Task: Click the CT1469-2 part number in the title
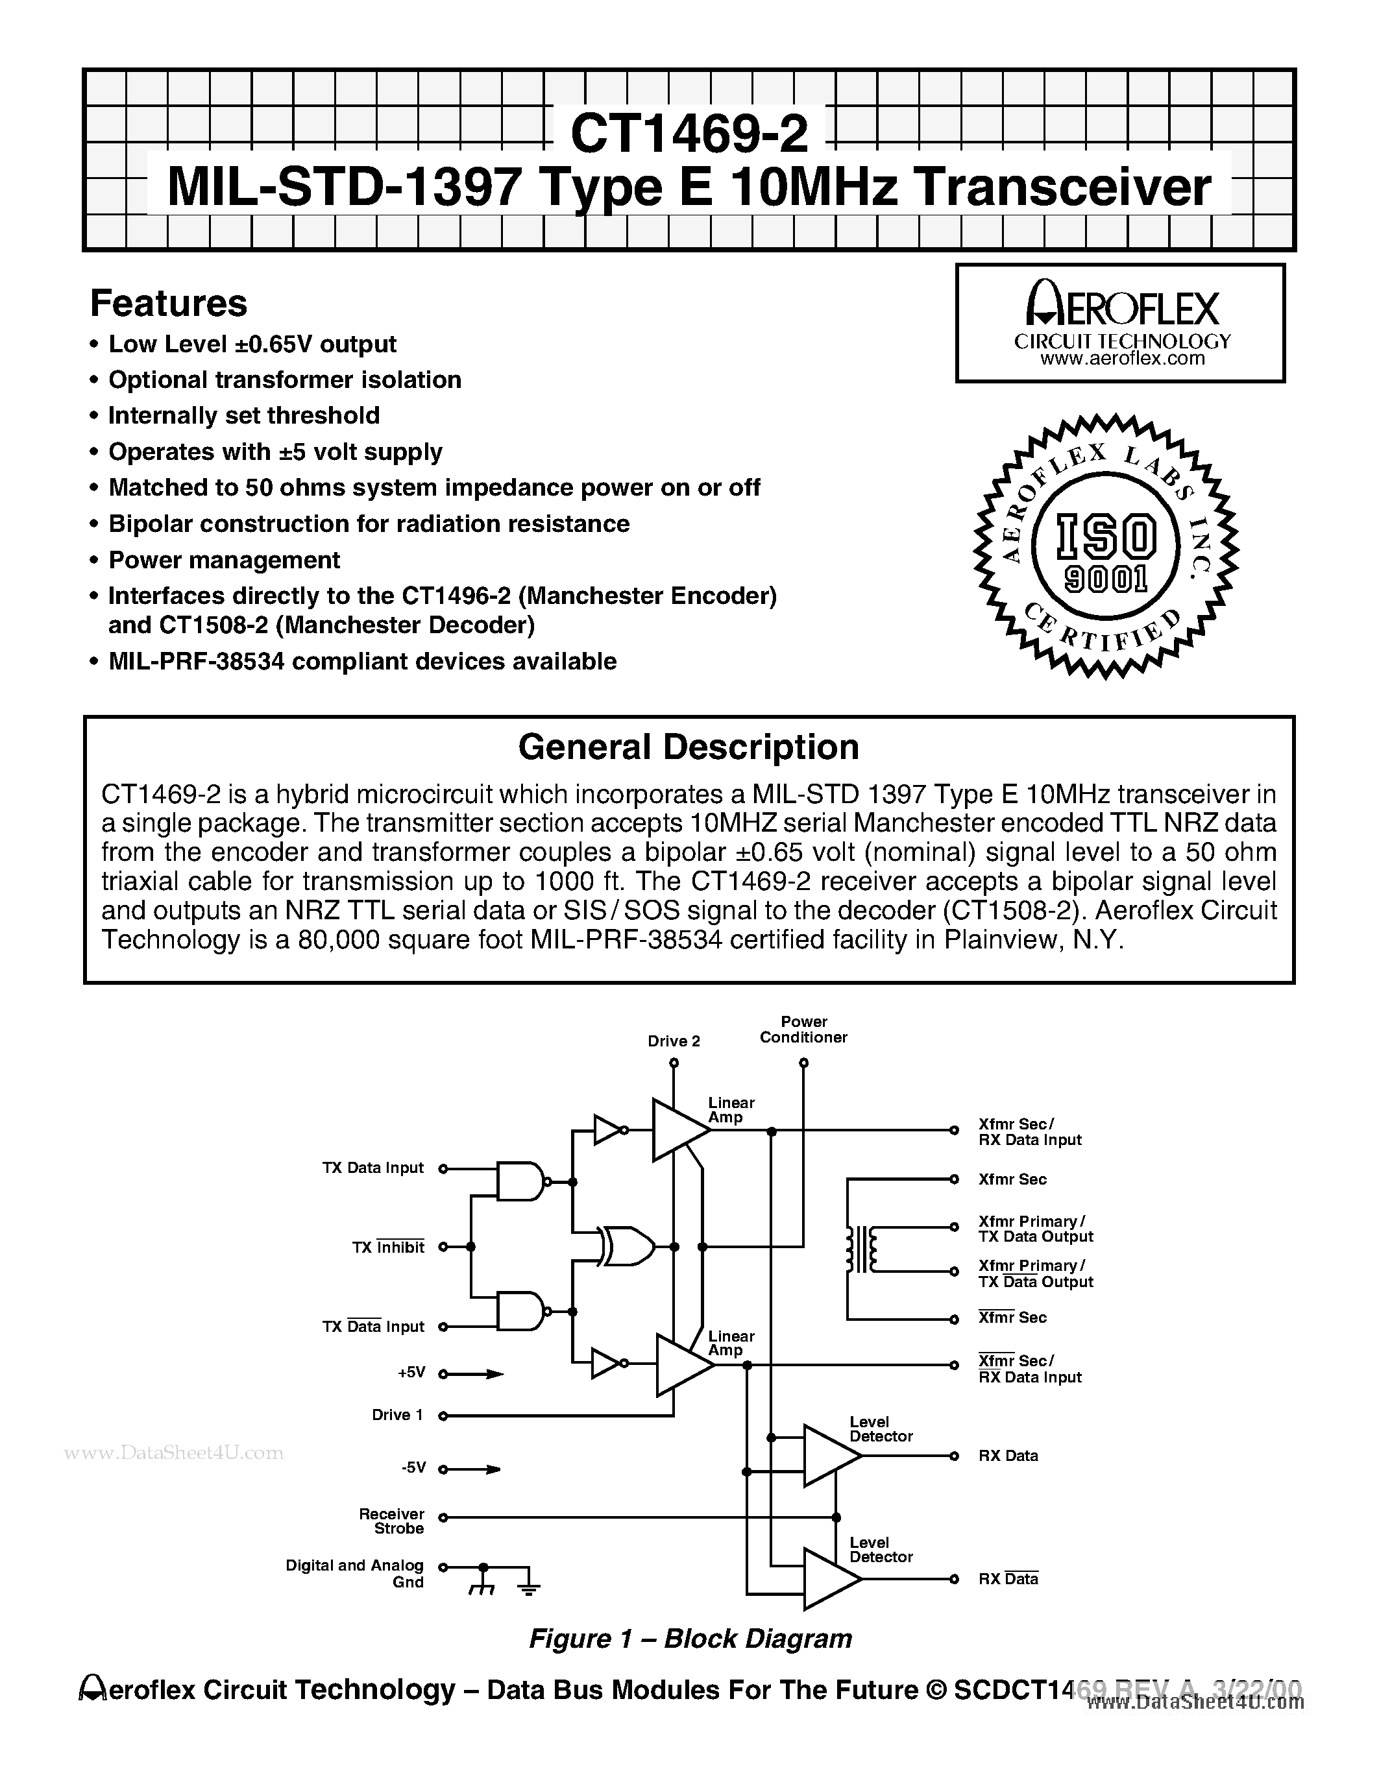pos(689,133)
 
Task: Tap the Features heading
pos(168,304)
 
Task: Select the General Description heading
pos(689,747)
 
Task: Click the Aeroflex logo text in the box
pos(1121,309)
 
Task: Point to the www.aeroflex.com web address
pos(1121,359)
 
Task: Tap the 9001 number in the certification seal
pos(1106,579)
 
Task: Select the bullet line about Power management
pos(224,561)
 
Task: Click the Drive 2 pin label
pos(673,1041)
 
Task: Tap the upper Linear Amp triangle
pos(678,1129)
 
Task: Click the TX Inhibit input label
pos(388,1248)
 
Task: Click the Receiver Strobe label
pos(392,1521)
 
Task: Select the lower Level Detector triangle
pos(829,1579)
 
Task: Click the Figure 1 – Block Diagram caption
pos(690,1639)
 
